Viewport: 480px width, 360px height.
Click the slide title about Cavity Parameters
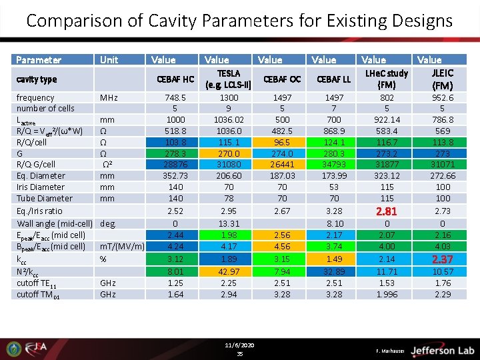pyautogui.click(x=239, y=21)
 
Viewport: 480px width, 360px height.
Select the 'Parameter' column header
pyautogui.click(x=39, y=60)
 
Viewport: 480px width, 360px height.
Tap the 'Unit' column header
pyautogui.click(x=109, y=60)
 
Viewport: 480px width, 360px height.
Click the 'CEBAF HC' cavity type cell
pyautogui.click(x=175, y=79)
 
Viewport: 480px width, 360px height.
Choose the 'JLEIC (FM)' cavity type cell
pyautogui.click(x=442, y=79)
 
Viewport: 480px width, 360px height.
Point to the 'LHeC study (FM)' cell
pyautogui.click(x=387, y=79)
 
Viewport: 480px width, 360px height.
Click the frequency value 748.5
pyautogui.click(x=175, y=97)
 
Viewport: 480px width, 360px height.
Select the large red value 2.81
pyautogui.click(x=387, y=211)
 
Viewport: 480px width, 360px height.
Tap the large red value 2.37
pyautogui.click(x=442, y=259)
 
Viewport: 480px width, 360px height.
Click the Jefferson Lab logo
pyautogui.click(x=443, y=350)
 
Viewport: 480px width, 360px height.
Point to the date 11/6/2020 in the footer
pyautogui.click(x=240, y=345)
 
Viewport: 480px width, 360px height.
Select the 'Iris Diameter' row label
pyautogui.click(x=41, y=187)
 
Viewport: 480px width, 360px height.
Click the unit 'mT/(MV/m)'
pyautogui.click(x=123, y=247)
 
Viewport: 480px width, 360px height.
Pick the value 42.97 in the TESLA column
pyautogui.click(x=229, y=271)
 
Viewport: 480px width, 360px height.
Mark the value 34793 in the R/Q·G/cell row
pyautogui.click(x=334, y=164)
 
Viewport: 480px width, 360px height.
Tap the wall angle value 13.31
pyautogui.click(x=229, y=224)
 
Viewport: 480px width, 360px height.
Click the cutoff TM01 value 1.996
pyautogui.click(x=387, y=294)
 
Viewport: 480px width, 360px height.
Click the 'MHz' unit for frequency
pyautogui.click(x=109, y=98)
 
